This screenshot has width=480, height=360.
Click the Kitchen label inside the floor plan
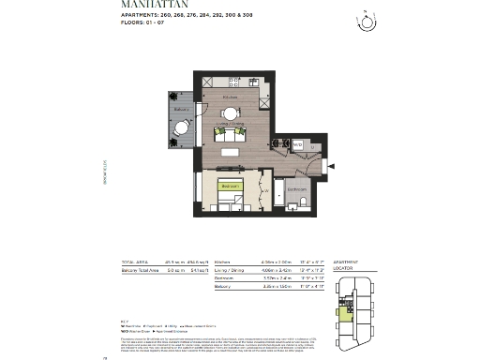230,97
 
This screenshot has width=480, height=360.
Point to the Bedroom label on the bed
229,187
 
